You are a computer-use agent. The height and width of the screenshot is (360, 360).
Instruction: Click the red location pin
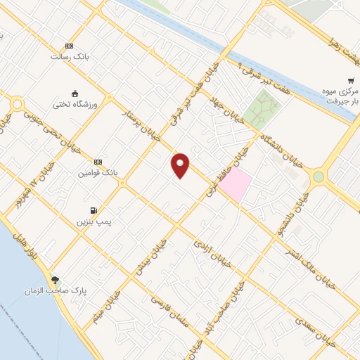(x=181, y=165)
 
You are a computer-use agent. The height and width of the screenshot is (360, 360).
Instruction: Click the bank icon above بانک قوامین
(x=98, y=161)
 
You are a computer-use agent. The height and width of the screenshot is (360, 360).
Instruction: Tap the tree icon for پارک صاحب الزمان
(x=56, y=279)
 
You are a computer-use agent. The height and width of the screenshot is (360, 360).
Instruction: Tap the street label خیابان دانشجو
(x=291, y=214)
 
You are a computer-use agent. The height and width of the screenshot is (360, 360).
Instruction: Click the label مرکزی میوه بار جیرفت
(x=342, y=96)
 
